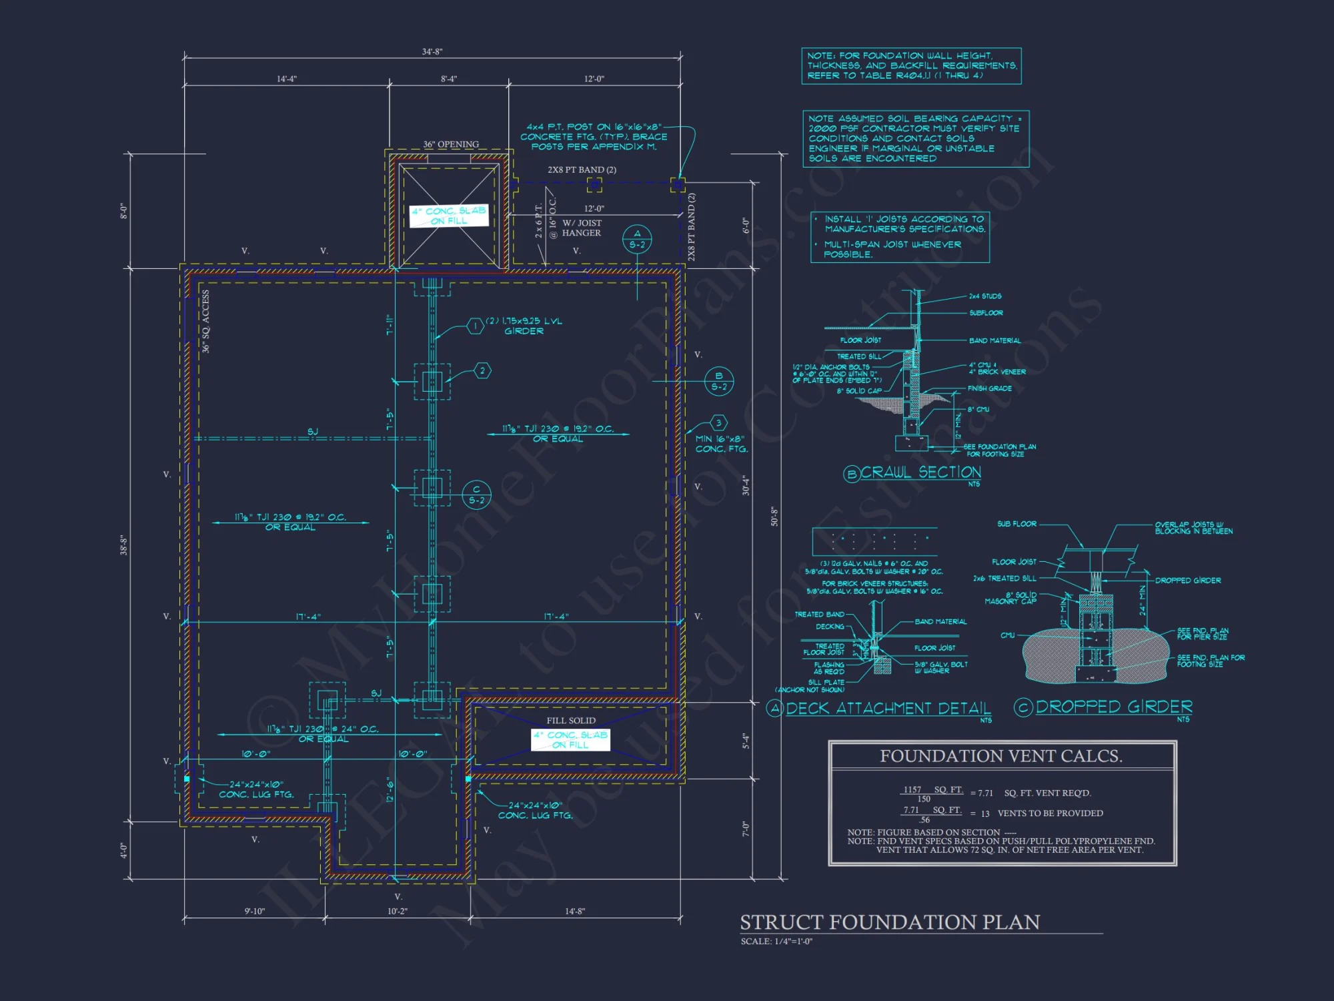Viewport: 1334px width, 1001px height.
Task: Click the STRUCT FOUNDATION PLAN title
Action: (890, 922)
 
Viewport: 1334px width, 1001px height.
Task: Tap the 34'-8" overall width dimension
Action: (432, 51)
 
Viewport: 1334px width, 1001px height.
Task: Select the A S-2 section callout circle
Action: (637, 239)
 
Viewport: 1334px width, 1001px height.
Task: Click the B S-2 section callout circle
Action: (719, 381)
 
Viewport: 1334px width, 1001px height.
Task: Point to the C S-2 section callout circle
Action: (476, 494)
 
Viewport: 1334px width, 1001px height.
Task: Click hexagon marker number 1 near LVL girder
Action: (475, 326)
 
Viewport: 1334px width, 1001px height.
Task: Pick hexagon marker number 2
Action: (483, 370)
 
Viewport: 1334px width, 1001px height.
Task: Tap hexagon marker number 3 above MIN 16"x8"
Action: (718, 422)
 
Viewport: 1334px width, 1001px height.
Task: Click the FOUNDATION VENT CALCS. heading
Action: (1000, 756)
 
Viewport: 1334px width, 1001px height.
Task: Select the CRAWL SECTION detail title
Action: (920, 472)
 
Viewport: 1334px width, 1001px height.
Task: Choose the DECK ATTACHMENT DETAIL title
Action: (888, 708)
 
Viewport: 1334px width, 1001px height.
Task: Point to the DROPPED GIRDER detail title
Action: (1113, 707)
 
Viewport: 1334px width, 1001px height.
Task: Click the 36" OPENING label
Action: (451, 144)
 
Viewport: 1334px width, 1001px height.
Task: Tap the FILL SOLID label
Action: (571, 721)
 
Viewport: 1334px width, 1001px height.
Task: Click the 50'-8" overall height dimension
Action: (774, 517)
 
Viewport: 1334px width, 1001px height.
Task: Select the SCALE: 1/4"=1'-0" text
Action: (776, 942)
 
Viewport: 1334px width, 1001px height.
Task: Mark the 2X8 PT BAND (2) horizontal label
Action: (582, 170)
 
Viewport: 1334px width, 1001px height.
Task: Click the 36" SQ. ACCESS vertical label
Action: (205, 322)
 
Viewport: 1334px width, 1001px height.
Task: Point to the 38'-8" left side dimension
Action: (123, 545)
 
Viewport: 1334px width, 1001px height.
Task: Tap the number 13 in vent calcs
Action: (985, 813)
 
